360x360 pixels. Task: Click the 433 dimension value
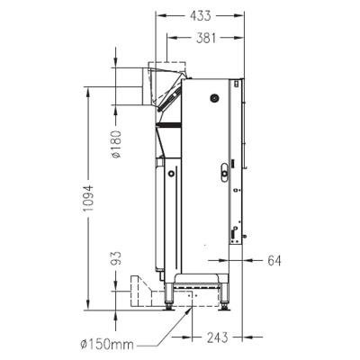[200, 15]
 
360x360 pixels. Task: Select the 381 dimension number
[206, 38]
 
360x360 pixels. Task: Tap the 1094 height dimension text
[89, 198]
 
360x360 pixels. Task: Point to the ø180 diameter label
[116, 145]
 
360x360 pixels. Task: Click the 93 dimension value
[116, 258]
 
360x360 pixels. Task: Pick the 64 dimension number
[274, 261]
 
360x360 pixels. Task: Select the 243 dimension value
[218, 337]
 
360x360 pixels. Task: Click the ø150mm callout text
[107, 345]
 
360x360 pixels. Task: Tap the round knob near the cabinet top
[214, 98]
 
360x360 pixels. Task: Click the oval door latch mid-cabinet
[224, 173]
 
